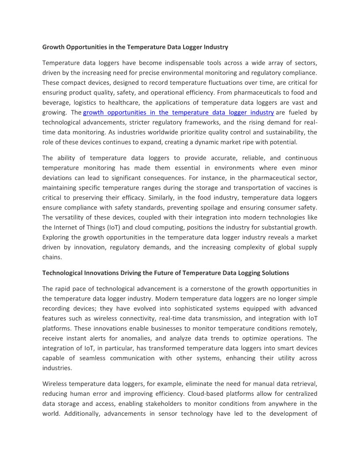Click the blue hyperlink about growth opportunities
(x=178, y=113)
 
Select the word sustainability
(x=282, y=132)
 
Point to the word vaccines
(x=296, y=188)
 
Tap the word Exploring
(x=57, y=237)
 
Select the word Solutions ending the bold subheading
(x=276, y=273)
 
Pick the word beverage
(x=56, y=102)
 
